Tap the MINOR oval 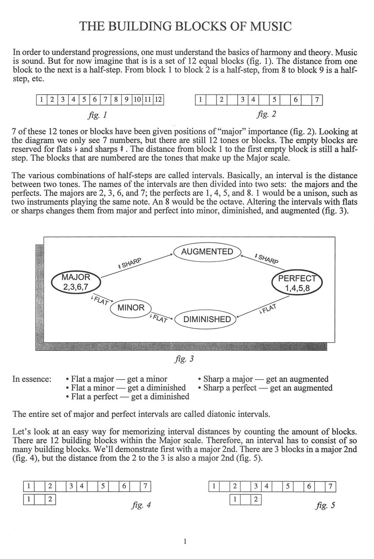(131, 308)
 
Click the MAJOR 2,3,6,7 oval (76, 282)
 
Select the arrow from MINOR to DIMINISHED (162, 317)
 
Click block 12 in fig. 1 (159, 100)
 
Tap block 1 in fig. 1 (42, 100)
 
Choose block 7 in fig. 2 (317, 100)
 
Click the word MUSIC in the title (270, 27)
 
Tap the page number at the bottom (185, 541)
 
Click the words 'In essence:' (32, 379)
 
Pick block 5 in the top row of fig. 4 (102, 485)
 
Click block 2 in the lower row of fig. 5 (256, 500)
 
